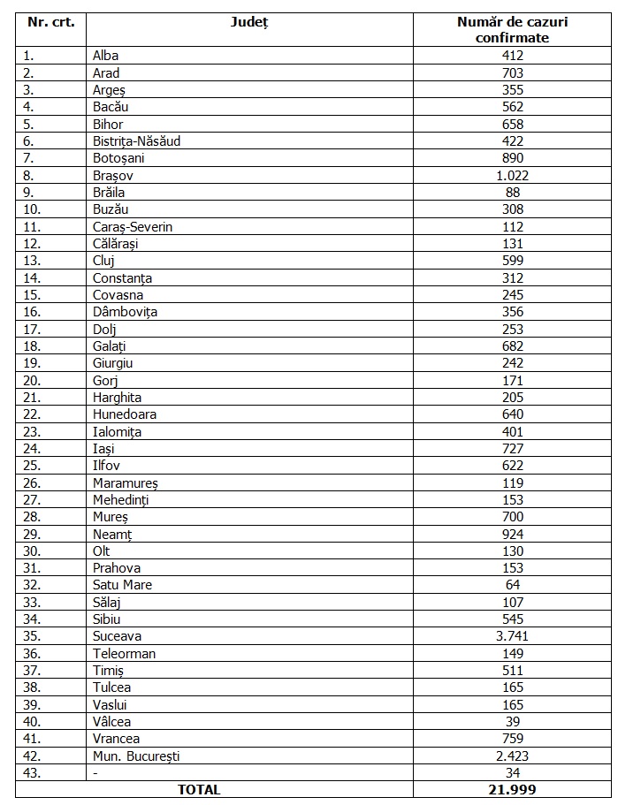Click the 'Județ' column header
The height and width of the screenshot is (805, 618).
coord(250,21)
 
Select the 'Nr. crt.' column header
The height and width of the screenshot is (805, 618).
coord(52,21)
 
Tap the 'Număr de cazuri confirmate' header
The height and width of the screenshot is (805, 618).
coord(512,29)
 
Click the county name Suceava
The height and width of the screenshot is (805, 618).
coord(117,636)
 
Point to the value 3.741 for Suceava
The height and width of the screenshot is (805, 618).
coord(512,636)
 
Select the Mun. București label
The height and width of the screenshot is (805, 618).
coord(136,756)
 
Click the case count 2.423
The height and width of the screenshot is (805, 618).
coord(512,756)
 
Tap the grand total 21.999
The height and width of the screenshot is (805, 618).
coord(512,790)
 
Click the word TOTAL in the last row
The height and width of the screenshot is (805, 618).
coord(199,790)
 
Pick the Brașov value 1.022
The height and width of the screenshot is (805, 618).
coord(512,175)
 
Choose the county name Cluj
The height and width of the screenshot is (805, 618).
coord(103,261)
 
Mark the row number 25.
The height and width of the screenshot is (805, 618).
coord(32,466)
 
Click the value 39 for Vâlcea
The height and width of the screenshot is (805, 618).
coord(512,722)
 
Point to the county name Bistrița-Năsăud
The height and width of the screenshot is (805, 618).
coord(136,141)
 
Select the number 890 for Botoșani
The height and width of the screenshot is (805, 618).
coord(512,158)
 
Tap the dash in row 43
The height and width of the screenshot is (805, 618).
coord(95,773)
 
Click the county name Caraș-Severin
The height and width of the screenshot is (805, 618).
coord(132,227)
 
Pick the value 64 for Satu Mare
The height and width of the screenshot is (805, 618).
coord(512,585)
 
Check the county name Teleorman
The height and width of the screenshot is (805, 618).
coord(124,654)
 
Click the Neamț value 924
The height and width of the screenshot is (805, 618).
coord(512,534)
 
